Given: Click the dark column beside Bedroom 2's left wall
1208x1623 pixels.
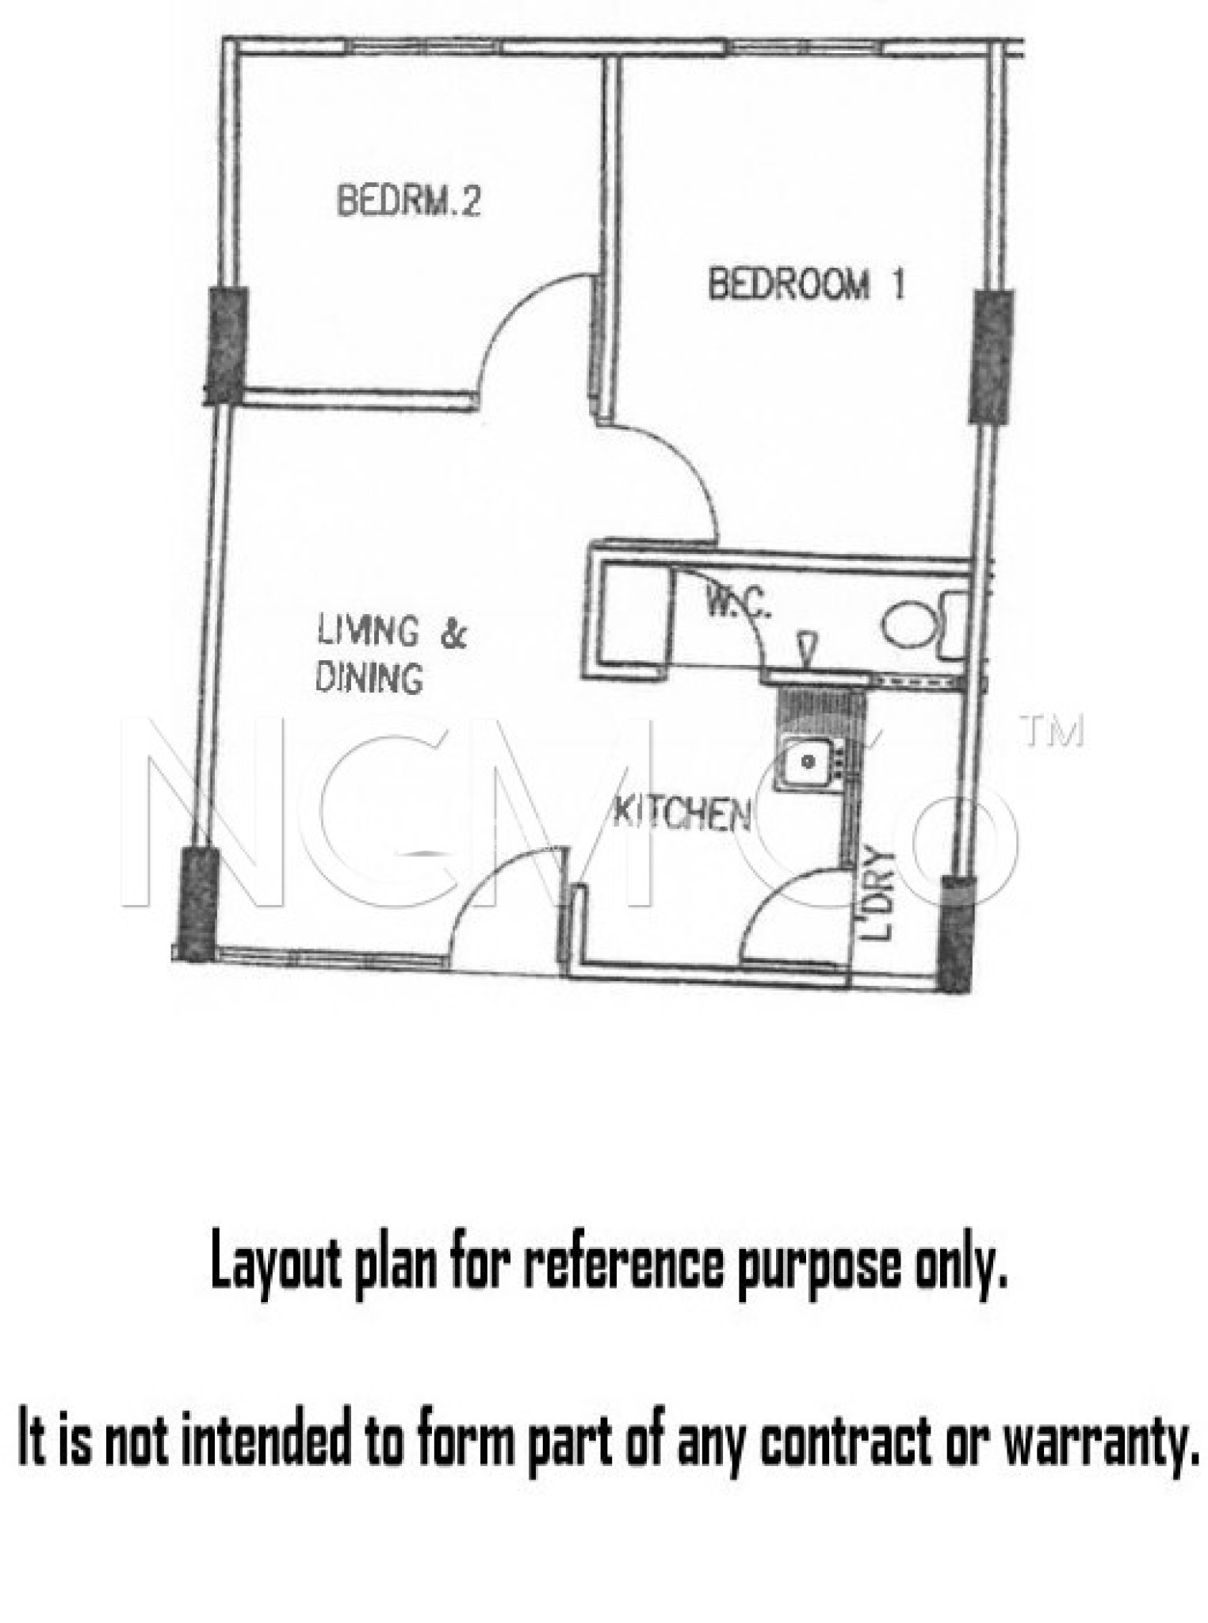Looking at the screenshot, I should click(x=226, y=346).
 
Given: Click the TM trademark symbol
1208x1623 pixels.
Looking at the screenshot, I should click(x=1053, y=733).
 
